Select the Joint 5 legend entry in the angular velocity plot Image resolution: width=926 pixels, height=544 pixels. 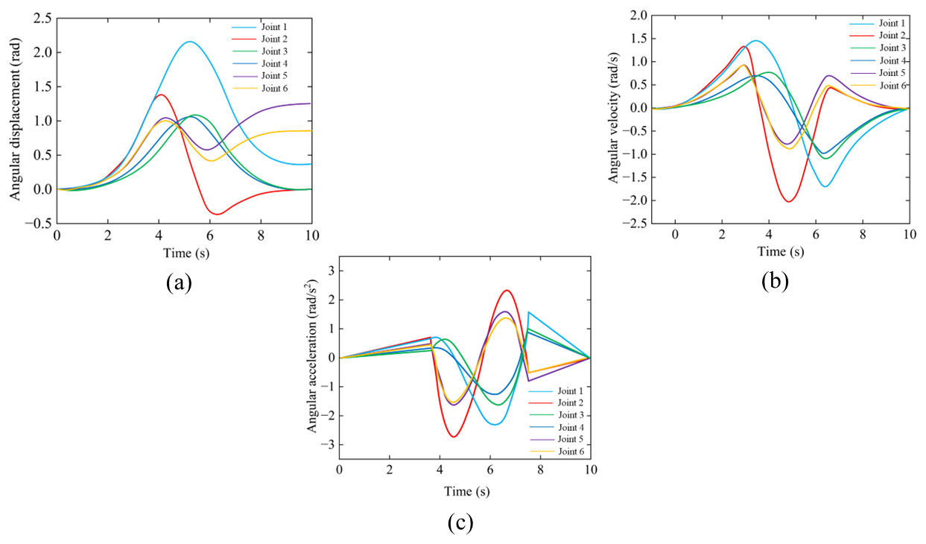click(x=888, y=73)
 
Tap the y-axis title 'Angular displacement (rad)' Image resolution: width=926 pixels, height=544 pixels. click(x=15, y=120)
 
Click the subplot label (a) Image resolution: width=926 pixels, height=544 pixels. click(x=180, y=282)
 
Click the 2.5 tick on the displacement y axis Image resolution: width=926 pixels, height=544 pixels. click(x=41, y=18)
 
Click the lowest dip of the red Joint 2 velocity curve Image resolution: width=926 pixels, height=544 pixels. click(x=789, y=201)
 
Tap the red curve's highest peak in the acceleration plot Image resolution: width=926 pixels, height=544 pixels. click(x=507, y=290)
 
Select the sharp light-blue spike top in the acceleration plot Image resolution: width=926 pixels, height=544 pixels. click(x=529, y=312)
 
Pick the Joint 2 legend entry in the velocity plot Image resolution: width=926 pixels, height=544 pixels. click(x=888, y=35)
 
